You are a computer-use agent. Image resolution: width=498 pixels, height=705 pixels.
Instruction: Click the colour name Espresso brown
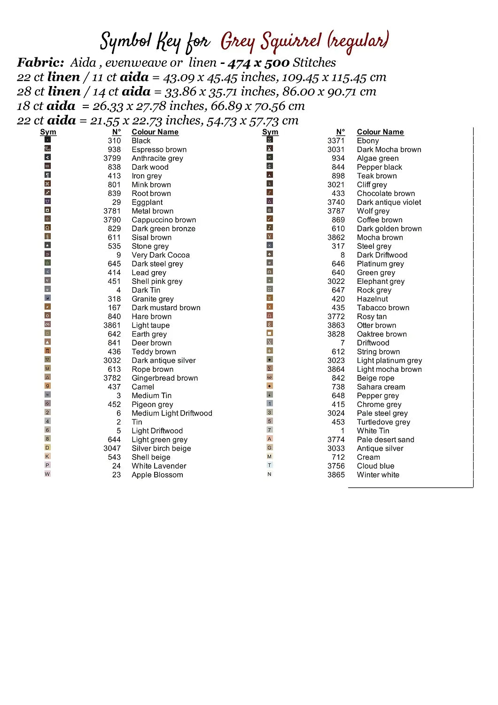tap(159, 149)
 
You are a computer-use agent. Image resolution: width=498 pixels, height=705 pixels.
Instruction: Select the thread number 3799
tap(112, 158)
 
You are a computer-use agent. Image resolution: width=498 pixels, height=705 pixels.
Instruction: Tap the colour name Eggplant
tap(147, 202)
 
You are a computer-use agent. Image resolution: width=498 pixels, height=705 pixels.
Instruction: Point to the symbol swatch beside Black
tap(47, 140)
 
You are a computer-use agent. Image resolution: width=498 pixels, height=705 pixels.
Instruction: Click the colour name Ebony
tap(367, 141)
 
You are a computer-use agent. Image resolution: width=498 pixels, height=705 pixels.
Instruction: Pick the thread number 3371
tap(336, 141)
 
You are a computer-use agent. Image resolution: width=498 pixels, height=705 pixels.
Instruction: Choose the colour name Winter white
tap(378, 475)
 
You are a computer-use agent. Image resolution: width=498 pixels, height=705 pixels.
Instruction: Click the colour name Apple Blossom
tap(157, 475)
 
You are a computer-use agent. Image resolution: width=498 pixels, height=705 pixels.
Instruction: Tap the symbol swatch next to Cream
tap(270, 456)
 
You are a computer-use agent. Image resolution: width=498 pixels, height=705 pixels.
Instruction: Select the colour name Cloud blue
tap(375, 466)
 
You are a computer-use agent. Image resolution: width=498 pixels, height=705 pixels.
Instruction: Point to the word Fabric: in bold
tap(40, 63)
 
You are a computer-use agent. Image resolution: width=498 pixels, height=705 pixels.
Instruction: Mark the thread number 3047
tap(112, 448)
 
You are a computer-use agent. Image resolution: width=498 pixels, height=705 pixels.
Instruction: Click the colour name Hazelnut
tap(372, 299)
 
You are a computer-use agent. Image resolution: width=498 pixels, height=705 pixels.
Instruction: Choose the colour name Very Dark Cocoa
tap(160, 255)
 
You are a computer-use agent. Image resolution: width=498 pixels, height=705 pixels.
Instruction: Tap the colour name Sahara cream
tap(381, 387)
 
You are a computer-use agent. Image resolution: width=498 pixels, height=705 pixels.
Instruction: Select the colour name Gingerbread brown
tap(164, 378)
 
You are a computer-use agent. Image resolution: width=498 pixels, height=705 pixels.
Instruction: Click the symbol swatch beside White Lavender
tap(47, 465)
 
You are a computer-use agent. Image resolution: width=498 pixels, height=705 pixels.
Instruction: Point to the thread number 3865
tap(336, 475)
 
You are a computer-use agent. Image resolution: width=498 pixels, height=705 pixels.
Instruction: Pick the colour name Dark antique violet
tap(389, 202)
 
